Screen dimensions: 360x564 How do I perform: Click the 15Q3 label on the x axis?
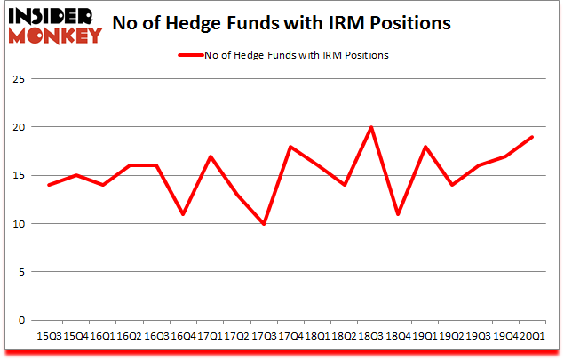[49, 336]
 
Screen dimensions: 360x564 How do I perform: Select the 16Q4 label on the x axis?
[183, 336]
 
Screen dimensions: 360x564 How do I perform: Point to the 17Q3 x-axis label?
[264, 336]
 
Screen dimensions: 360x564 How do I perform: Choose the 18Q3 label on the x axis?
[371, 336]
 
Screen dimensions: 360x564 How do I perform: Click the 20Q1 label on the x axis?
[532, 336]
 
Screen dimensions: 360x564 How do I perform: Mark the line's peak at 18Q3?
[371, 127]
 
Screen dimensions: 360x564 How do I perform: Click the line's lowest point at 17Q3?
[264, 224]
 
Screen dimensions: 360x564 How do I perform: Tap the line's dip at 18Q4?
[398, 214]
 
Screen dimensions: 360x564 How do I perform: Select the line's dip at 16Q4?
[183, 214]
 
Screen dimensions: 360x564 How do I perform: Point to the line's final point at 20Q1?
[532, 137]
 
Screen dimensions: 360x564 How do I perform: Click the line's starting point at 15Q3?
[49, 185]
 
